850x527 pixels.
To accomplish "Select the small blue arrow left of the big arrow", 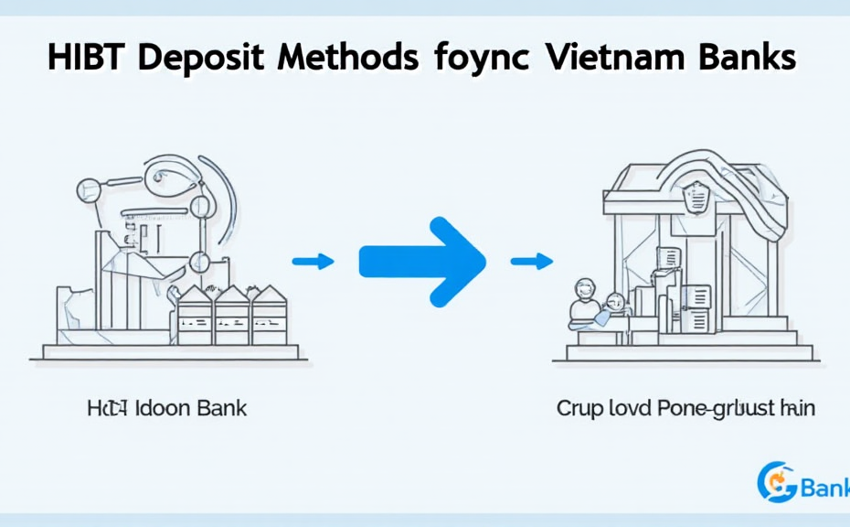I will tap(313, 263).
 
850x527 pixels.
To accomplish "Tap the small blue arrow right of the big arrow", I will tap(531, 263).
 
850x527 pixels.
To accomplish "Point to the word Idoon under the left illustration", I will tap(165, 408).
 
